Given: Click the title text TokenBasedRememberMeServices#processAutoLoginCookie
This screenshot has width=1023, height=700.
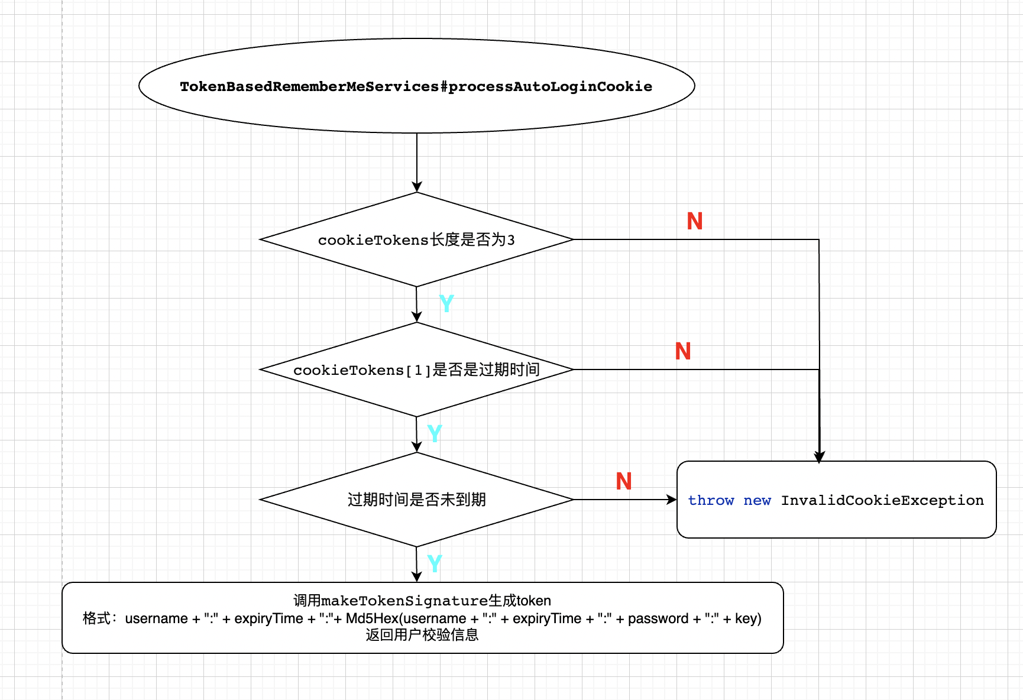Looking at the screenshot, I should (x=416, y=87).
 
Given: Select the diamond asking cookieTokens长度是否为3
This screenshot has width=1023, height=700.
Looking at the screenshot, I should (x=416, y=240).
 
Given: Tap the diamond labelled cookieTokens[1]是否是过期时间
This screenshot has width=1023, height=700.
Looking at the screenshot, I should (x=416, y=370).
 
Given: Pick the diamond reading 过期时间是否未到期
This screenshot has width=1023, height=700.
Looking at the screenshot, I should (x=416, y=500).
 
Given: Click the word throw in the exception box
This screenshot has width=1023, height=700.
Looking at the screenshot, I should (x=710, y=501).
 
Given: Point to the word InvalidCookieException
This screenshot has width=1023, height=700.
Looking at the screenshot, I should (x=882, y=501).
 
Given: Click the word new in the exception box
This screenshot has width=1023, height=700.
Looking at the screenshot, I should (x=757, y=501).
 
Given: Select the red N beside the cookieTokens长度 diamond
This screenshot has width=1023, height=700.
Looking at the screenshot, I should (x=695, y=222).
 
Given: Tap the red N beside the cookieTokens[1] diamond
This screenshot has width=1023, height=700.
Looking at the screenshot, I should (x=683, y=352).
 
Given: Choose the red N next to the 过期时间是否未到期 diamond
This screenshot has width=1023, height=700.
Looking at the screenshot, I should (x=624, y=482).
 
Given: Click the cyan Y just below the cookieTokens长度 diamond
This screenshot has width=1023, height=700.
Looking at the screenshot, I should (x=446, y=304).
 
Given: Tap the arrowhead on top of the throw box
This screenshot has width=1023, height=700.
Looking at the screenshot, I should (x=819, y=456).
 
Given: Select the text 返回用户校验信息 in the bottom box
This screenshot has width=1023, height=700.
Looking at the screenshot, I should (x=422, y=636).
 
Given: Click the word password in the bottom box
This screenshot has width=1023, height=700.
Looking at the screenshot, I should (x=658, y=619).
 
